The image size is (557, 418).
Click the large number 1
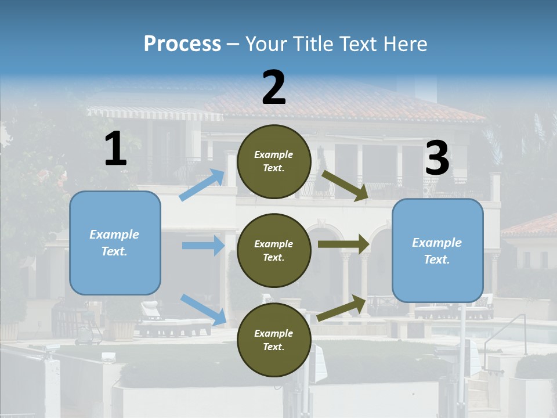click(x=115, y=149)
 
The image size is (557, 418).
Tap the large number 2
click(x=274, y=88)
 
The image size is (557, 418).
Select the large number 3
click(x=437, y=158)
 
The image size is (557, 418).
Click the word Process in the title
click(x=182, y=44)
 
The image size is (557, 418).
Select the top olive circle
click(x=274, y=161)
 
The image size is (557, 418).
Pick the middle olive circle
click(x=274, y=250)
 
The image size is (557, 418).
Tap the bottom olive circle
click(x=274, y=340)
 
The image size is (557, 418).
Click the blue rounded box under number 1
click(x=115, y=243)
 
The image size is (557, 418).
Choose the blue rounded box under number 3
click(x=437, y=251)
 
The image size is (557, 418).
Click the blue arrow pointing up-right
click(x=202, y=185)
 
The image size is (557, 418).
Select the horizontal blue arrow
click(x=203, y=246)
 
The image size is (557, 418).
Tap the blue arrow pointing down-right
click(x=203, y=309)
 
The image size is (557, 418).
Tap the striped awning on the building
click(x=154, y=113)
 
